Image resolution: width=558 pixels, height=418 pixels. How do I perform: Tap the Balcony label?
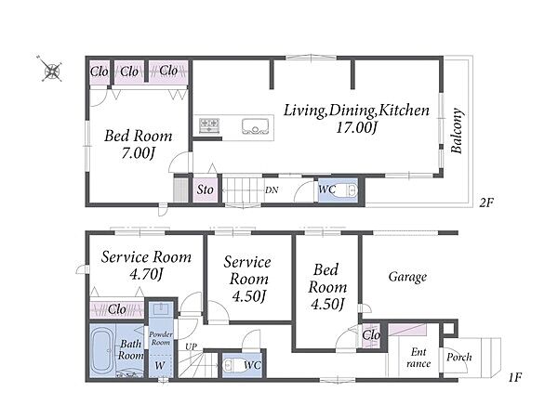click(x=457, y=131)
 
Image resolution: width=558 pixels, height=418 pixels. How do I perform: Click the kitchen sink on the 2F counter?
click(x=255, y=126)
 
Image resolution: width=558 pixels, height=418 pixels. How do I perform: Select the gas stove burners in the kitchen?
click(x=209, y=125)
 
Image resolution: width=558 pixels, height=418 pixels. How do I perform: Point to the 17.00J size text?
click(x=356, y=127)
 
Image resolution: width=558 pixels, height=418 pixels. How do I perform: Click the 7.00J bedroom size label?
click(x=138, y=153)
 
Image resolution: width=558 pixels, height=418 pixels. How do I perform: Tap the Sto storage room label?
click(x=206, y=189)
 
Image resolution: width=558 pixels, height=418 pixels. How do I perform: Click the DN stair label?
click(x=272, y=190)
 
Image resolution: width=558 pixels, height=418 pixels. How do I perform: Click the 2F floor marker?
click(x=486, y=202)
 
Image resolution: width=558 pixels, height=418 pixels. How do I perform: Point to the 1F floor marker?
click(x=514, y=377)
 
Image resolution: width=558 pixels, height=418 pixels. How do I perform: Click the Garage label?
click(x=407, y=277)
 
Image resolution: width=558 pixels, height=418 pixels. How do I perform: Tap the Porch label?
click(x=459, y=357)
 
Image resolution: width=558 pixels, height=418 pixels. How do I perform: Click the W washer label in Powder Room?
click(x=160, y=365)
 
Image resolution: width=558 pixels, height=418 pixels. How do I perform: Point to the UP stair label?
click(x=191, y=346)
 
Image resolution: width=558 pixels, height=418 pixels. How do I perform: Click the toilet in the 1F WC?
click(x=233, y=365)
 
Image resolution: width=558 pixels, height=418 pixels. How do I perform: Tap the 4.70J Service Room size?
click(x=146, y=274)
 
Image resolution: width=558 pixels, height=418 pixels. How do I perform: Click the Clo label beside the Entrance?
click(x=371, y=334)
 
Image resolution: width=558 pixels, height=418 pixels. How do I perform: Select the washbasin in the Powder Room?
click(x=161, y=309)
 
